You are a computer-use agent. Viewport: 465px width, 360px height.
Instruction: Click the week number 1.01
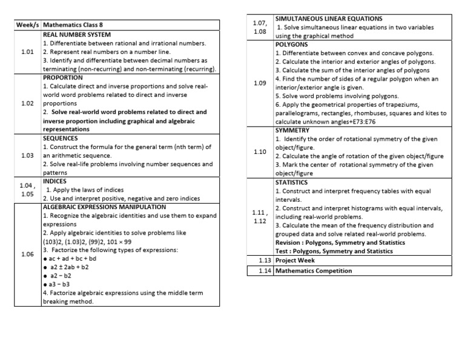(27, 52)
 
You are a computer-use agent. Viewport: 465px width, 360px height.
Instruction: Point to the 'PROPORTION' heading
(63, 78)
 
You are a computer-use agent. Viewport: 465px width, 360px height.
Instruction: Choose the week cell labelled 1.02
(27, 104)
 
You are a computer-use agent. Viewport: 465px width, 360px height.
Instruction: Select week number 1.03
(27, 156)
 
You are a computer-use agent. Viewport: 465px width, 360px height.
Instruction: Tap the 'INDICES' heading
(55, 181)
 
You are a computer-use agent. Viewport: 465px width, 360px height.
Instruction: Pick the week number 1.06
(27, 255)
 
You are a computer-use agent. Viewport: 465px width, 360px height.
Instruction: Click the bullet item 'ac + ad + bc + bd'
(74, 259)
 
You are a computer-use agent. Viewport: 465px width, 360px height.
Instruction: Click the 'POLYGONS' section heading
(292, 45)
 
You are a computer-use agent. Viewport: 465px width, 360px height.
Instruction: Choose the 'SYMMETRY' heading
(292, 130)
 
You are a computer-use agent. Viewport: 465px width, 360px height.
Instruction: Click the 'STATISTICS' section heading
(292, 182)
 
